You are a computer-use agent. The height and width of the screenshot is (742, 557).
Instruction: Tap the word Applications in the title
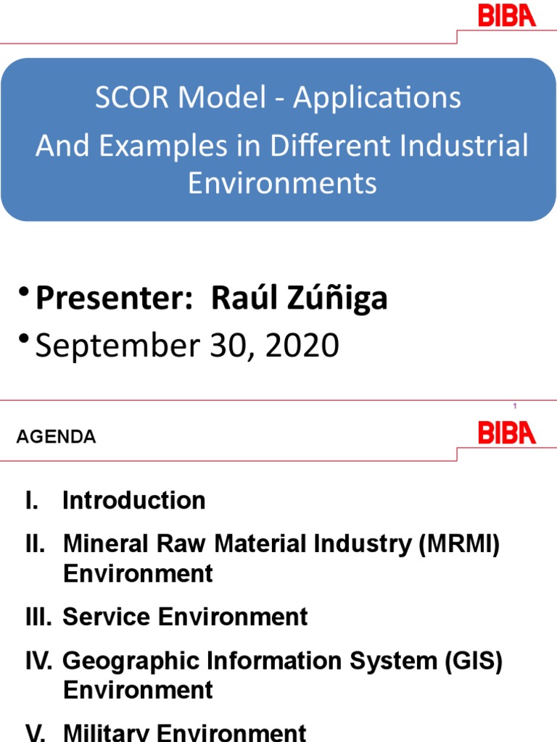pyautogui.click(x=377, y=98)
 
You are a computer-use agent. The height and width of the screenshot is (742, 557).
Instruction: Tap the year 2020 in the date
pyautogui.click(x=302, y=346)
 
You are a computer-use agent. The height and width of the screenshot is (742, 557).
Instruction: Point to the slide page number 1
pyautogui.click(x=514, y=407)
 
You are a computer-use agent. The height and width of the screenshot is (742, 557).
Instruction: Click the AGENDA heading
pyautogui.click(x=56, y=437)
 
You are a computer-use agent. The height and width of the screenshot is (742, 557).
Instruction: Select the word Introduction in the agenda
pyautogui.click(x=134, y=500)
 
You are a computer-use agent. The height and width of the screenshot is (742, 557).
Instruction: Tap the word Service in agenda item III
pyautogui.click(x=107, y=617)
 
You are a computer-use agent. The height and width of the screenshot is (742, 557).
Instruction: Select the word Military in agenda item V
pyautogui.click(x=107, y=733)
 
